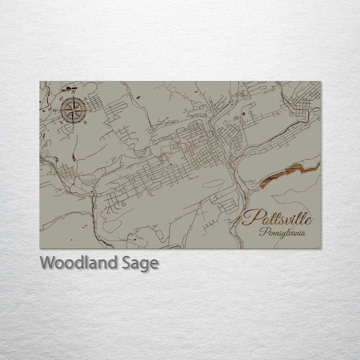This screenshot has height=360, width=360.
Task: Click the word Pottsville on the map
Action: pyautogui.click(x=277, y=218)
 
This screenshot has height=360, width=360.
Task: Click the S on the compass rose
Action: pyautogui.click(x=73, y=128)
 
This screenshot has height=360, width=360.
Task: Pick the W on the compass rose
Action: pyautogui.click(x=54, y=110)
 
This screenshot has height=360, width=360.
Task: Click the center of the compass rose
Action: pyautogui.click(x=73, y=110)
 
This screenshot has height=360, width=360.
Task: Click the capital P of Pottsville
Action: pyautogui.click(x=249, y=217)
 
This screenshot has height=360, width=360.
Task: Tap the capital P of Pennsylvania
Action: pyautogui.click(x=262, y=232)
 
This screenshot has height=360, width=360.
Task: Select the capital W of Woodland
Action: pyautogui.click(x=48, y=262)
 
